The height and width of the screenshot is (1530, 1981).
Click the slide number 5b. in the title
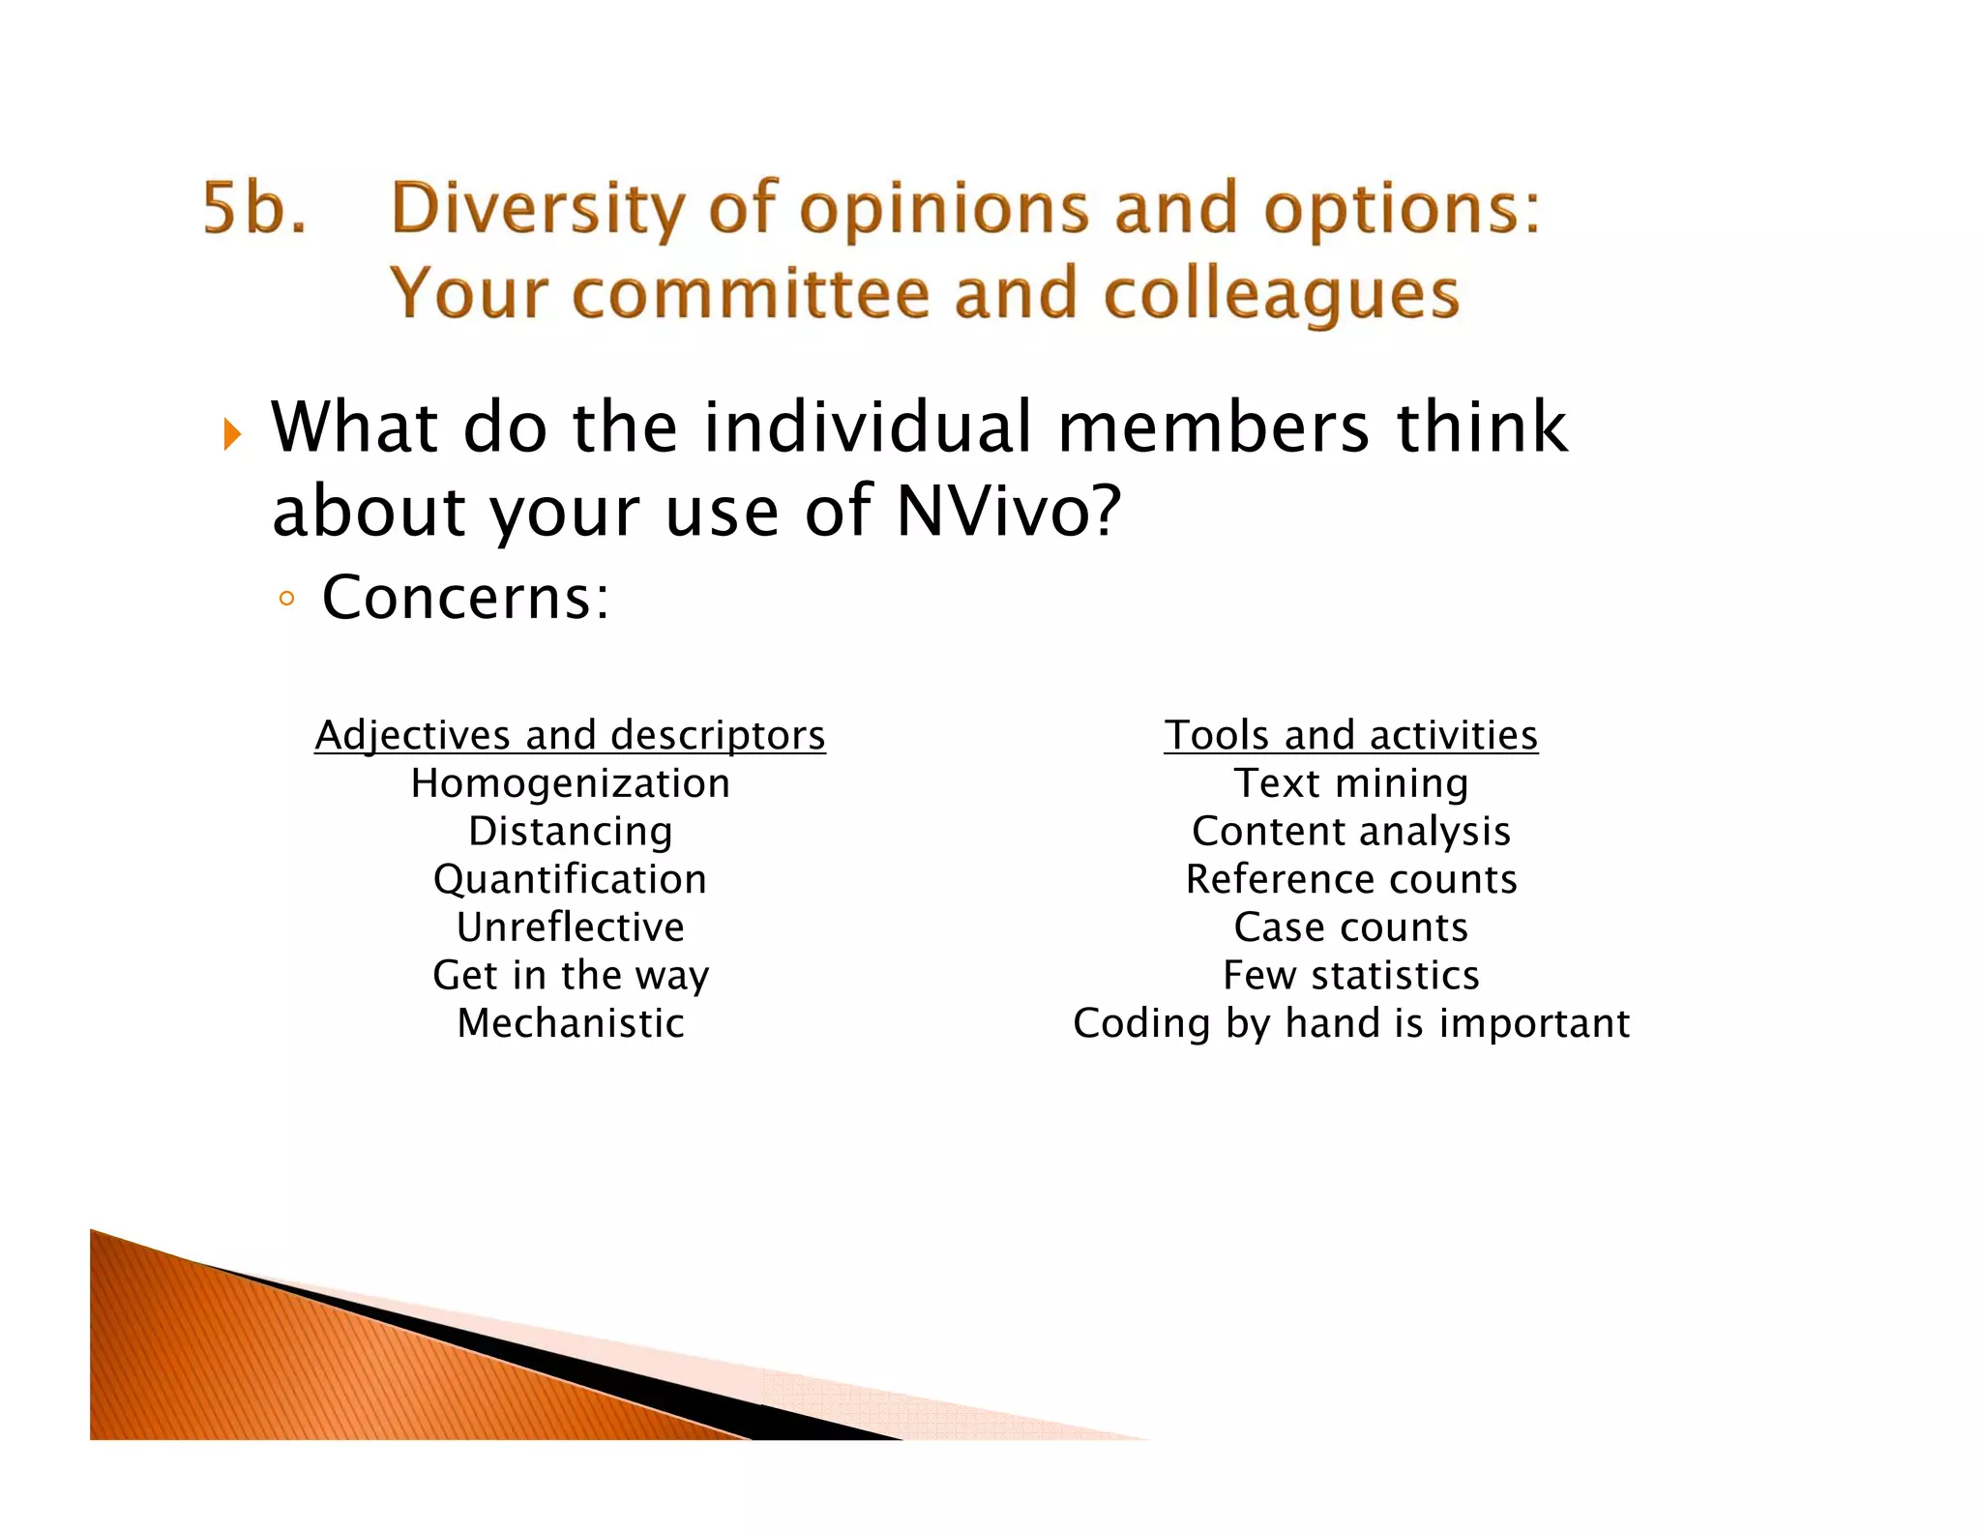[254, 209]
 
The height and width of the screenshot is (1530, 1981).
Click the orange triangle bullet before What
[232, 434]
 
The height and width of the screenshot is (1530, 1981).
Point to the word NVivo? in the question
[1008, 511]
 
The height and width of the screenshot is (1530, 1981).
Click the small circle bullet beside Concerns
[285, 599]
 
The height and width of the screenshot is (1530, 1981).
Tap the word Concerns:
[466, 598]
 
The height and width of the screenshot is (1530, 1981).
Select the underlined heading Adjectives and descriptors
[570, 736]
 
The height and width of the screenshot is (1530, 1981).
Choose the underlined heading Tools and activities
[1350, 736]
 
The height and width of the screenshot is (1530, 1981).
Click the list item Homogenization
[570, 783]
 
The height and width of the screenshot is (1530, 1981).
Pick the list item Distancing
[570, 832]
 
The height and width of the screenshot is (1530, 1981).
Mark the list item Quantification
[570, 879]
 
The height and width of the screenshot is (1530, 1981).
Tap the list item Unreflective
[570, 927]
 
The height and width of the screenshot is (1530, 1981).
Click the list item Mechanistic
[570, 1023]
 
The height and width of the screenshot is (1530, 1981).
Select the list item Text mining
[1350, 783]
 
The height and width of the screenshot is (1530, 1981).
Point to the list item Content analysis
[1350, 832]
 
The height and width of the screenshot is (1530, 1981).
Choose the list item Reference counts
[1350, 879]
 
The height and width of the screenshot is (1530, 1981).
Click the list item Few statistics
[1350, 975]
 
